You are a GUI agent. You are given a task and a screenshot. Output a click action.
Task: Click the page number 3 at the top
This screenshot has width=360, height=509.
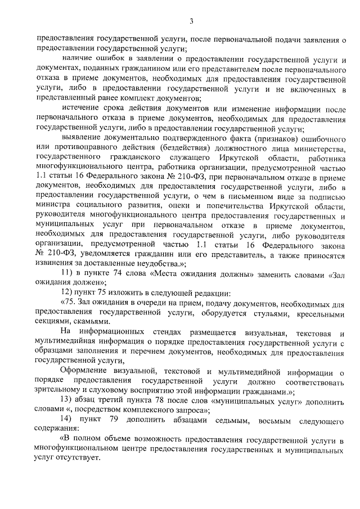coord(191,22)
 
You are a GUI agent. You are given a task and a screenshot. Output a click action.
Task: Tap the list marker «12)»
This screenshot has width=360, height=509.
coord(69,296)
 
